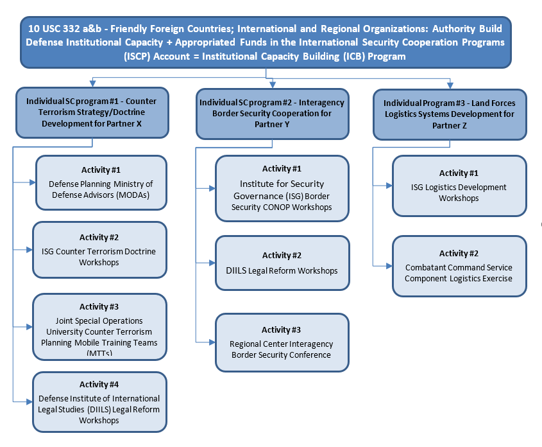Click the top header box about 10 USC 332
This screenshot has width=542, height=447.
(266, 42)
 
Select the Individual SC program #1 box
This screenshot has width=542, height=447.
(92, 112)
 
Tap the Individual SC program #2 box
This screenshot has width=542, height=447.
(272, 114)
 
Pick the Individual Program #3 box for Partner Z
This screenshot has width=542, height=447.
(449, 114)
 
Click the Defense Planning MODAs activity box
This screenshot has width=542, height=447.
(101, 182)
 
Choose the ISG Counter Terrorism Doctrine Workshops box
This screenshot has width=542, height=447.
(99, 250)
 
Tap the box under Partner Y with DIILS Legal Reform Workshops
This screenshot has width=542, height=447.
(282, 263)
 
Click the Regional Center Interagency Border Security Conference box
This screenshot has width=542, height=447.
(282, 342)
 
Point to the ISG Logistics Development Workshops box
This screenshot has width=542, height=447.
(459, 186)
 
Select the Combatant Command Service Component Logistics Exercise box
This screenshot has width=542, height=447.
(459, 266)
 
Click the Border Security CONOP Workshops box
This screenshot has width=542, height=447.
(282, 188)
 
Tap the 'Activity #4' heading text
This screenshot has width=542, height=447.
(99, 385)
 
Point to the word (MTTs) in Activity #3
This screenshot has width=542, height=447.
(99, 353)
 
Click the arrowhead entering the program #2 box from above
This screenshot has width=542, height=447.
(273, 85)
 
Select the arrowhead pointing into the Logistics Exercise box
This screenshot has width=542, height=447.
(389, 266)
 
